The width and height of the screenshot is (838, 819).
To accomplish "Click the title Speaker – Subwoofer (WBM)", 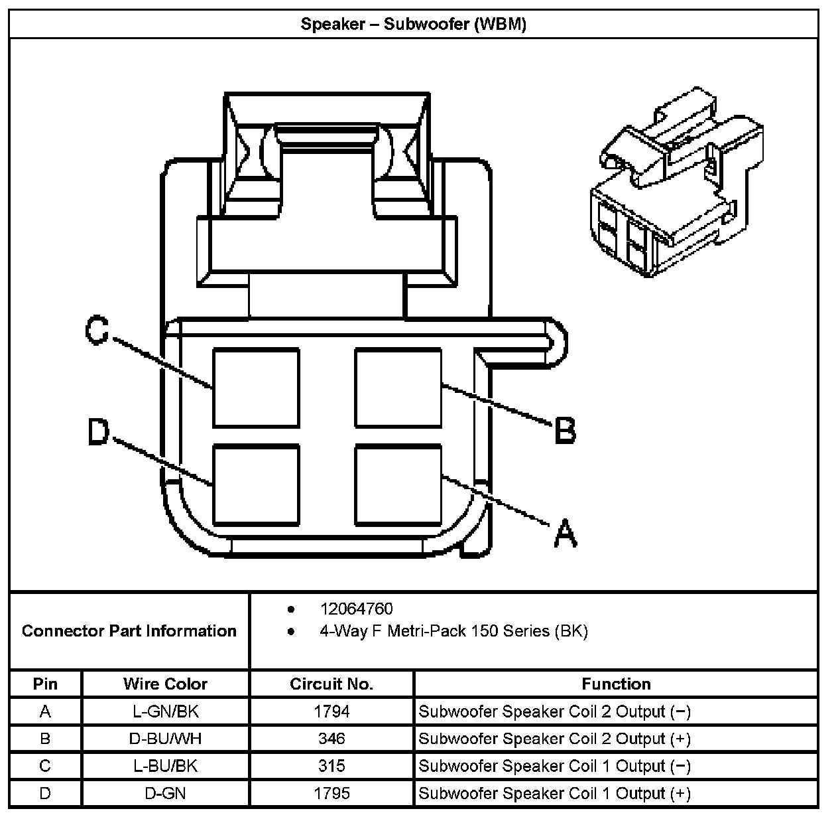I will [x=414, y=25].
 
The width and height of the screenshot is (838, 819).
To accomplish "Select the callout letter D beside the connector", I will [x=98, y=432].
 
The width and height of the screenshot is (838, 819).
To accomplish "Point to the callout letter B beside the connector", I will [x=565, y=430].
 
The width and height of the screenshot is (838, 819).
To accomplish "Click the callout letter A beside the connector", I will [x=565, y=534].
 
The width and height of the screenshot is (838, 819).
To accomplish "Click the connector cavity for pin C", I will [x=256, y=388].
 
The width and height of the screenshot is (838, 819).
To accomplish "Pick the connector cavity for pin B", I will [x=398, y=388].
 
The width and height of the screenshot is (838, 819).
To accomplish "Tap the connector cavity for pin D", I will [x=256, y=486].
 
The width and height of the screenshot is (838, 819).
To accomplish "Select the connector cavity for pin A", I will [x=398, y=486].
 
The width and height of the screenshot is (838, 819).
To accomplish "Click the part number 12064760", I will [x=356, y=609].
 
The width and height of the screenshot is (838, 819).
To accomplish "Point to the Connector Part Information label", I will [x=129, y=631].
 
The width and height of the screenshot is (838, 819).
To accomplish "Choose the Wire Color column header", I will [x=165, y=684].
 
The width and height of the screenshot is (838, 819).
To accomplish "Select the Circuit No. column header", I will [x=331, y=684].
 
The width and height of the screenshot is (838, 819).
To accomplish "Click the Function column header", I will [x=616, y=684].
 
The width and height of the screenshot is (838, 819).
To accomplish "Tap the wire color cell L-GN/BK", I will [x=165, y=711].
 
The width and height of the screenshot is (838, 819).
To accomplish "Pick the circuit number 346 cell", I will [x=331, y=739].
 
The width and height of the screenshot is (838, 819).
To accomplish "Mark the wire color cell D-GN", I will [x=165, y=793].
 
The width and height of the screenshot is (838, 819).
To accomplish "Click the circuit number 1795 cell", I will [x=331, y=793].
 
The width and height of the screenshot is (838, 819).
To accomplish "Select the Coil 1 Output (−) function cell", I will [x=555, y=766].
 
